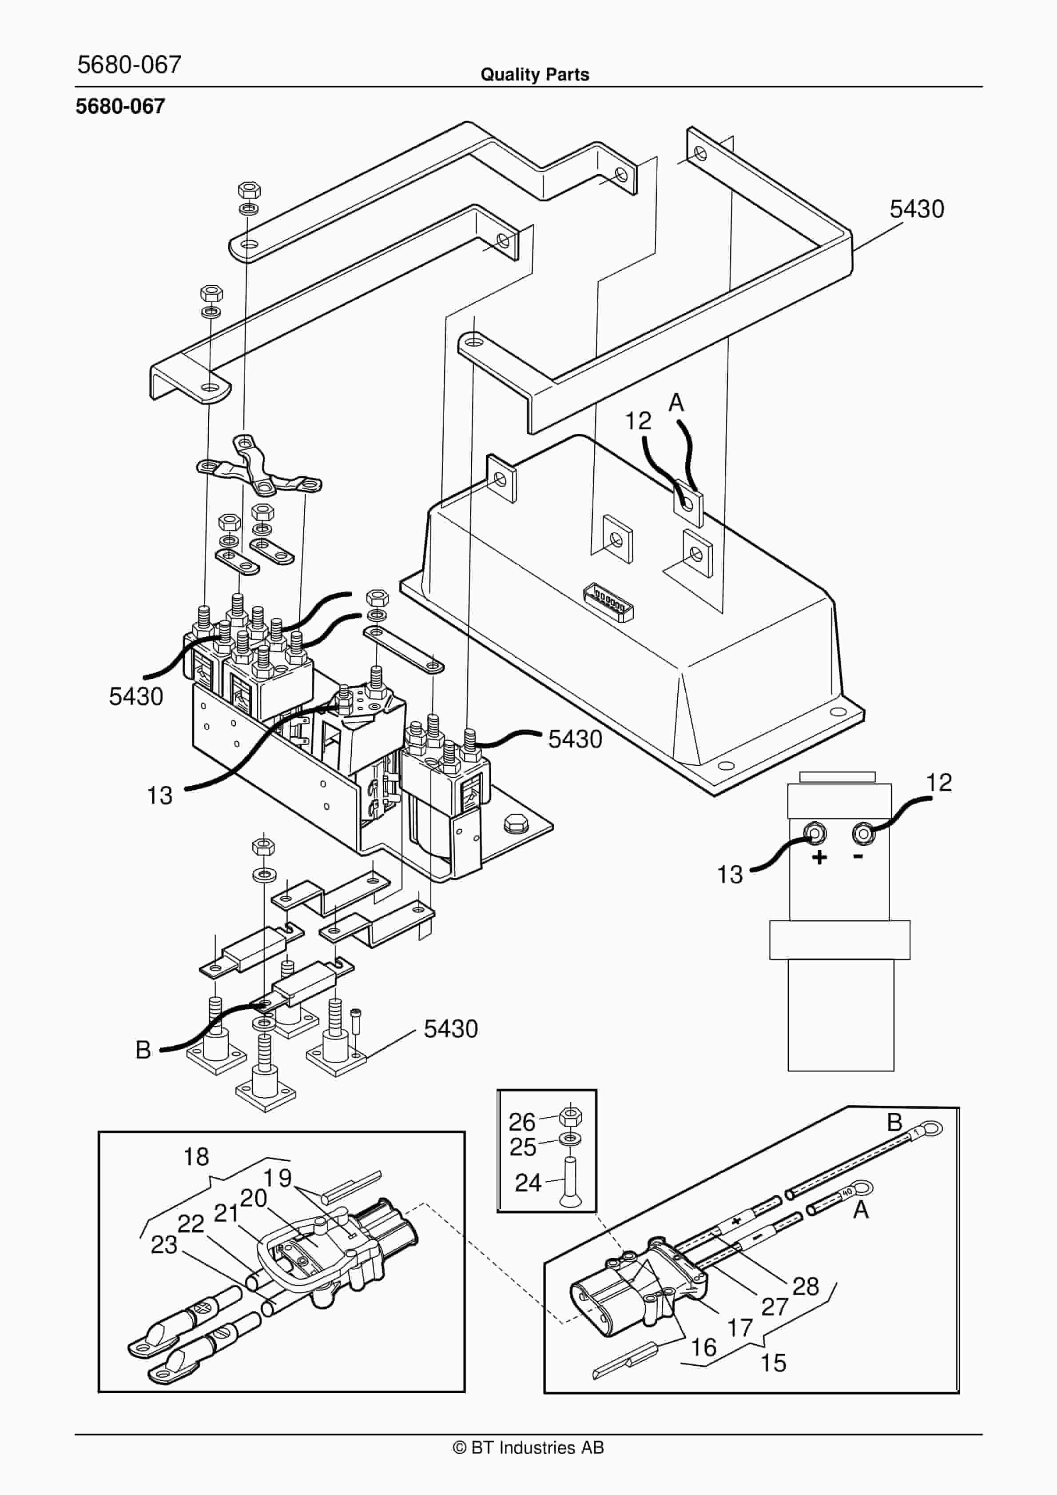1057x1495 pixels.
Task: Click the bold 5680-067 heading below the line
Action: pyautogui.click(x=120, y=106)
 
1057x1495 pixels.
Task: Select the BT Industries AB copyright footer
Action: pyautogui.click(x=528, y=1447)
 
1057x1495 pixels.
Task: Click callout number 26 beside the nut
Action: pyautogui.click(x=521, y=1122)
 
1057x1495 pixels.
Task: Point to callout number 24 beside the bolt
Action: pyautogui.click(x=528, y=1183)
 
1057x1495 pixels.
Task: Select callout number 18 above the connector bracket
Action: pyautogui.click(x=196, y=1157)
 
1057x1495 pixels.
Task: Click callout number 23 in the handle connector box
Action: pyautogui.click(x=164, y=1245)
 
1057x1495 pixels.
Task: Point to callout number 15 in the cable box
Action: pyautogui.click(x=773, y=1363)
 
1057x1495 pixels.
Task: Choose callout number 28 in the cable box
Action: pyautogui.click(x=805, y=1286)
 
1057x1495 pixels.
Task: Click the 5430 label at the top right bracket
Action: pyautogui.click(x=916, y=209)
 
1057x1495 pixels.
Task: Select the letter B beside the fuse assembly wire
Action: pyautogui.click(x=143, y=1050)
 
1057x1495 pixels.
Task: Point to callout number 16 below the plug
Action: pyautogui.click(x=703, y=1347)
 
